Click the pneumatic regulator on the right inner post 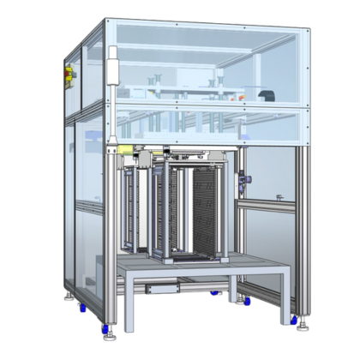click(246, 181)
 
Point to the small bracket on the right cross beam click(279, 198)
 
